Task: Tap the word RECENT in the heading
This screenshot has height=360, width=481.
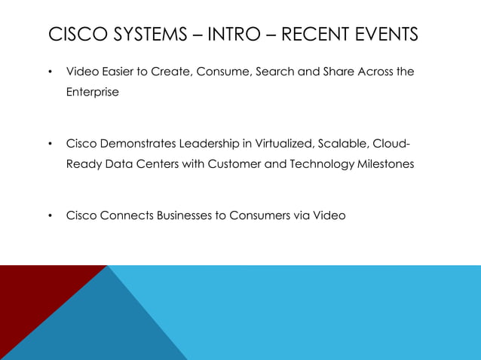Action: [308, 35]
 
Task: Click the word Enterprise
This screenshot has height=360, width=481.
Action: [92, 92]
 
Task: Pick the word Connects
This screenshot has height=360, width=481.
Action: [126, 215]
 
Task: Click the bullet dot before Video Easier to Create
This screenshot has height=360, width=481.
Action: [49, 73]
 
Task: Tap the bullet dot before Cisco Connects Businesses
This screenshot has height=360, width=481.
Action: [49, 216]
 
